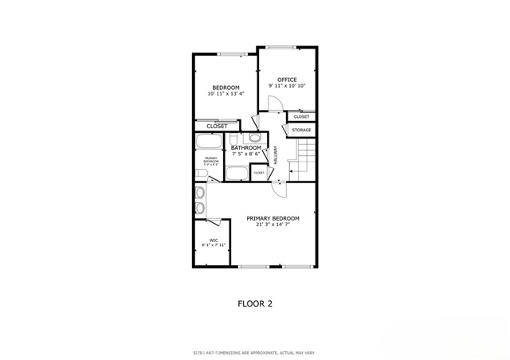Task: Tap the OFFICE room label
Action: tap(287, 80)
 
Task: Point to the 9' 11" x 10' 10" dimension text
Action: tap(287, 86)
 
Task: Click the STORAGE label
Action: tap(301, 130)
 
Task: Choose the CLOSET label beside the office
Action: tap(301, 117)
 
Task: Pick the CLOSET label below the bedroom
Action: tap(217, 126)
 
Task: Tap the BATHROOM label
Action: tap(246, 147)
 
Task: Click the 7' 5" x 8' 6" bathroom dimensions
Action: tap(246, 153)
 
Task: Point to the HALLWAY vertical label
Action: tap(277, 155)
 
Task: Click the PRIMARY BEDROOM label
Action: tap(273, 218)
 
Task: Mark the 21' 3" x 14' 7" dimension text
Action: tap(273, 225)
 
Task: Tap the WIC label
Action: tap(214, 240)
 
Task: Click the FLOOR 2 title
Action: tap(256, 303)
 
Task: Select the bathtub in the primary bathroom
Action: tap(209, 143)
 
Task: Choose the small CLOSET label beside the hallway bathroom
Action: tap(259, 172)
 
